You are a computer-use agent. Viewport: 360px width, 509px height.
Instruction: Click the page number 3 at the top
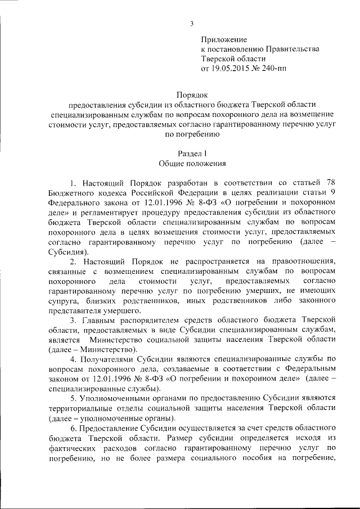pos(191,23)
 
